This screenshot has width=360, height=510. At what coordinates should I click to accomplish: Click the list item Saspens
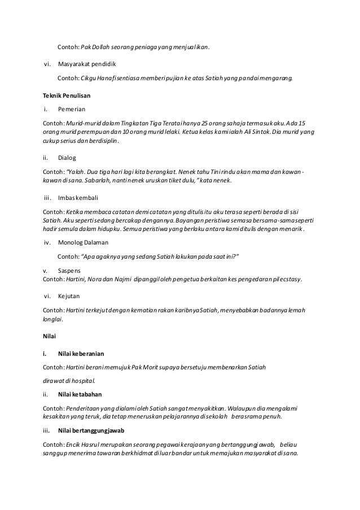pos(69,271)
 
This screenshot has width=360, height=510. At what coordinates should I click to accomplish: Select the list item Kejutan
pos(69,295)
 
